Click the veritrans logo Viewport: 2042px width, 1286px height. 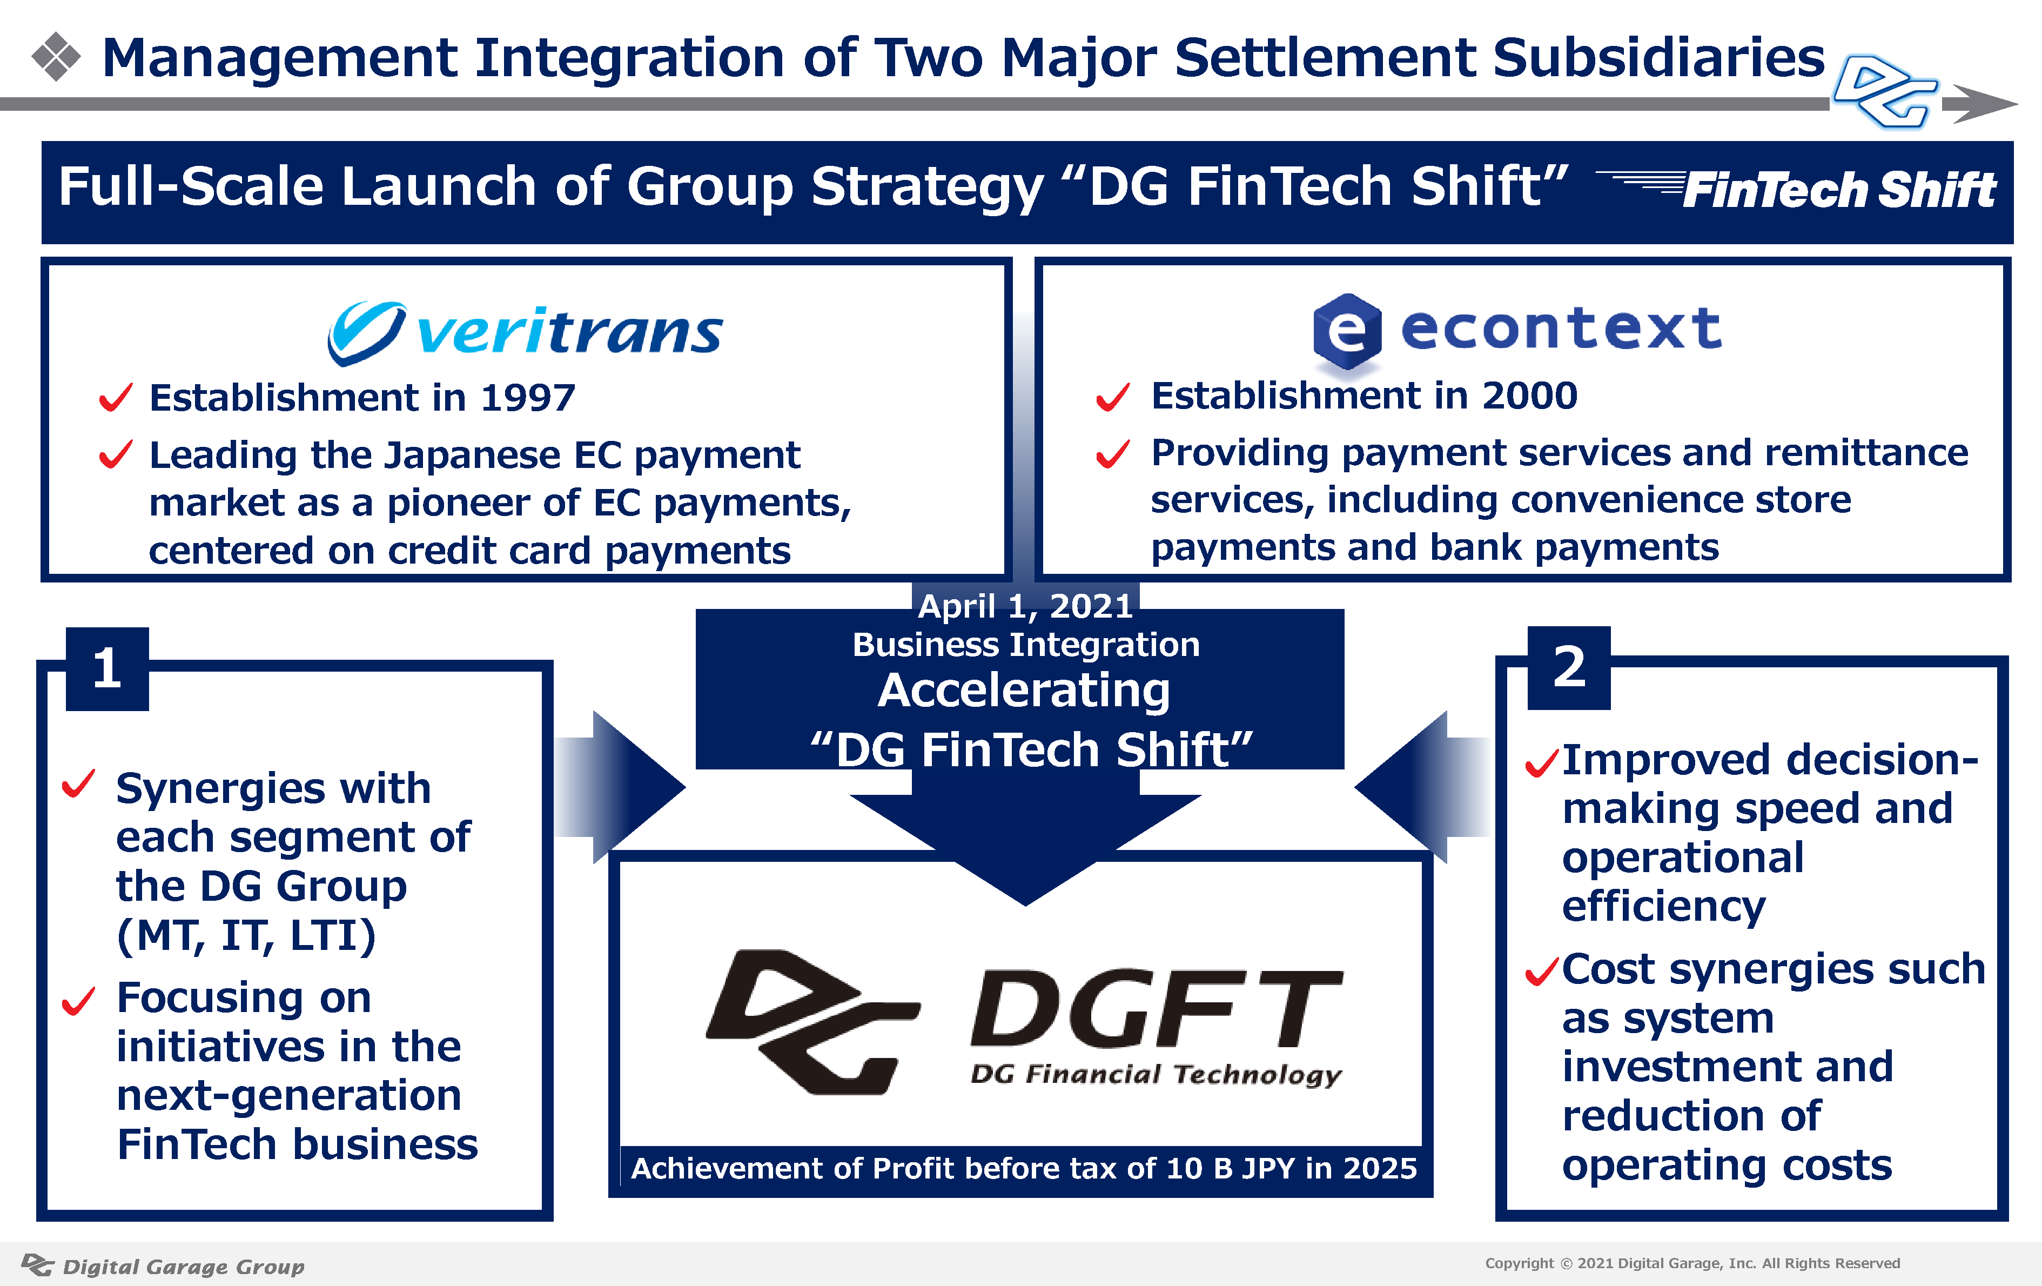click(x=525, y=332)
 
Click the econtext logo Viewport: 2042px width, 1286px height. click(x=1517, y=331)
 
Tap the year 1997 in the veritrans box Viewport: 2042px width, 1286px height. click(x=527, y=398)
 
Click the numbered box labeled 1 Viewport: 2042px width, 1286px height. click(x=108, y=668)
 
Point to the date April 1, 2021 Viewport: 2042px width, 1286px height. click(x=1025, y=606)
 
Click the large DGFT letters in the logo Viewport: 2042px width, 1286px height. click(x=1157, y=1009)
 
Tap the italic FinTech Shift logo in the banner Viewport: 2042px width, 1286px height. click(x=1798, y=189)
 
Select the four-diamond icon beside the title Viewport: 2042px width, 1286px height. click(x=56, y=57)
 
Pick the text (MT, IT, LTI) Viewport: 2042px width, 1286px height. click(x=246, y=936)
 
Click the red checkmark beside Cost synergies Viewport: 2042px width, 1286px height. click(x=1542, y=972)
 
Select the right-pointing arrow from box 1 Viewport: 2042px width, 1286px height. click(x=620, y=787)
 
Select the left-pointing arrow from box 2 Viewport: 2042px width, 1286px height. click(x=1422, y=787)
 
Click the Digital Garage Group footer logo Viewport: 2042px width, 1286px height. click(x=163, y=1265)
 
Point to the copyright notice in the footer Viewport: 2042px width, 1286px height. click(x=1692, y=1263)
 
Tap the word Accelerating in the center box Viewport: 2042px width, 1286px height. click(x=1024, y=691)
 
